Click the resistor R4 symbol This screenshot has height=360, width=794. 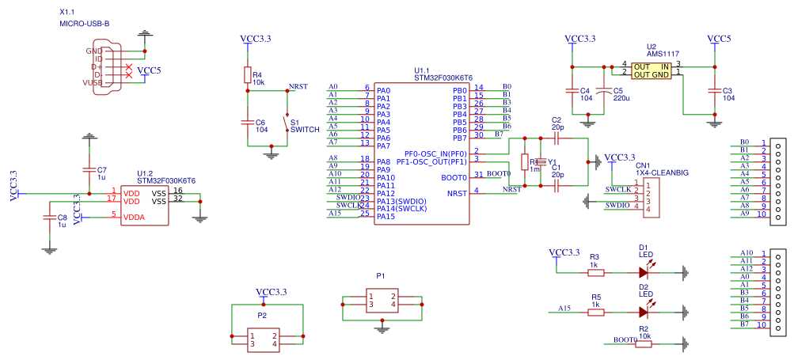pyautogui.click(x=247, y=76)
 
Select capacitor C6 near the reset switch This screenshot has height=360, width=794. pyautogui.click(x=247, y=122)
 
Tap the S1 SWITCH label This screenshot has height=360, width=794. pyautogui.click(x=305, y=129)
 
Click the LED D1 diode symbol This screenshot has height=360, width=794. pyautogui.click(x=645, y=271)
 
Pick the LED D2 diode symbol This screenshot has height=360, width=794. pyautogui.click(x=645, y=312)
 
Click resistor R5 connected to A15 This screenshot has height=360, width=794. pyautogui.click(x=595, y=312)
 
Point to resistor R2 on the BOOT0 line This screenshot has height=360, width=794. pyautogui.click(x=644, y=343)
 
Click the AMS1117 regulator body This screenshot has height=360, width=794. pyautogui.click(x=652, y=70)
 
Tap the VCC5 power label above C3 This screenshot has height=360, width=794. pyautogui.click(x=719, y=39)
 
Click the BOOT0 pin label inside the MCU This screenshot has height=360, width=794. pyautogui.click(x=454, y=177)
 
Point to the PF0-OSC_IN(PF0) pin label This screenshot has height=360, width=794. pyautogui.click(x=435, y=153)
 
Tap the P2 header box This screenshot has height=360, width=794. pyautogui.click(x=263, y=339)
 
